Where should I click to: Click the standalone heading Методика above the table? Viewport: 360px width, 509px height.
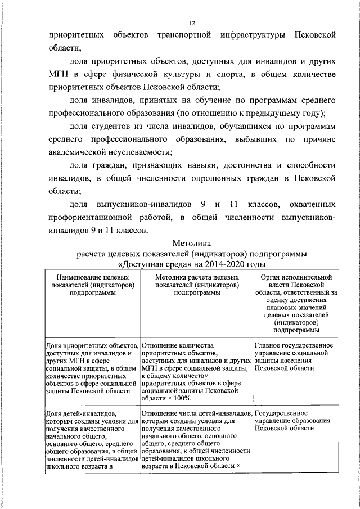[191, 244]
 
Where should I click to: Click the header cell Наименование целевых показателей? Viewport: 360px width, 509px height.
[92, 285]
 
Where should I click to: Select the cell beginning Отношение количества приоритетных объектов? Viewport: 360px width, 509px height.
[196, 371]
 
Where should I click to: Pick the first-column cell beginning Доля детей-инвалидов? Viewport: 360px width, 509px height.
[92, 439]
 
